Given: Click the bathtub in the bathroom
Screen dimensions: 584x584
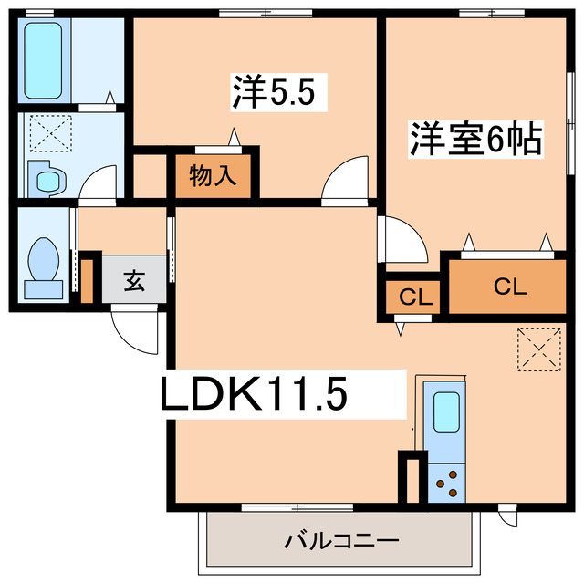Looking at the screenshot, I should (x=44, y=59).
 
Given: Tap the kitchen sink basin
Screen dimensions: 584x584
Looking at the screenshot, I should (x=445, y=412).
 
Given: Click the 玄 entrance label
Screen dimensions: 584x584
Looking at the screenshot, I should (x=134, y=281).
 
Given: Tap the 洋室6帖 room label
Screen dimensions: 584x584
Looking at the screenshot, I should (x=474, y=139).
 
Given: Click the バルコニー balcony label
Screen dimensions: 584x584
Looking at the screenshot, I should (x=340, y=541).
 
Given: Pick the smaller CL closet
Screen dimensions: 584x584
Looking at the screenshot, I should (x=414, y=297).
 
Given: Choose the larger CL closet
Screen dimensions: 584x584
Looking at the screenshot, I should (x=509, y=286).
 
